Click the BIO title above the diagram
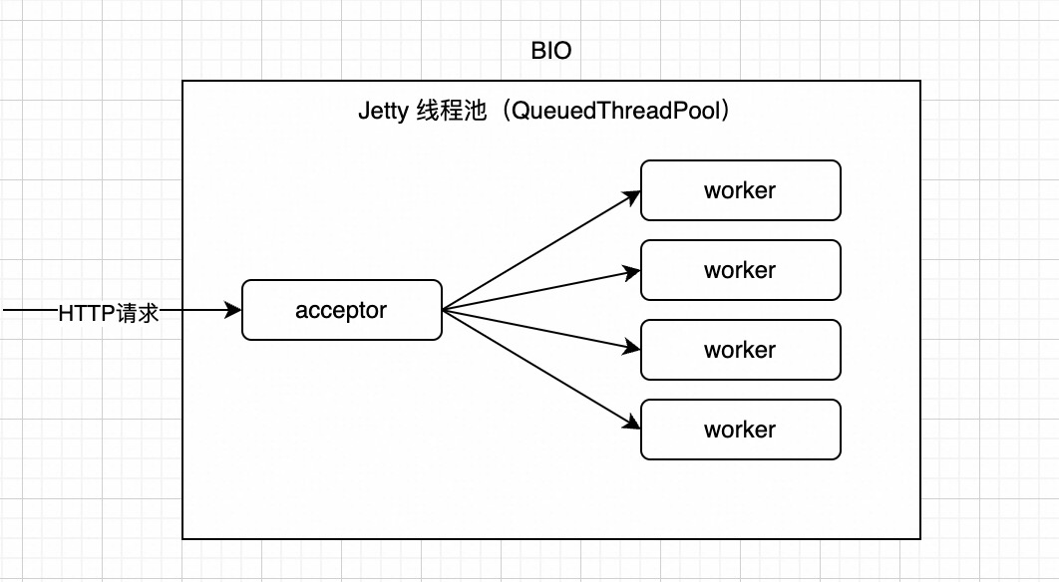550,50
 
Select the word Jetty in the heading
383,111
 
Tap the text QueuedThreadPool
615,111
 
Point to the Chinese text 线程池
450,111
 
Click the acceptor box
341,310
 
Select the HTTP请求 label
109,312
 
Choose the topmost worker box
740,190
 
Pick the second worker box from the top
740,270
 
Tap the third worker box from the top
740,350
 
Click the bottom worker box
740,430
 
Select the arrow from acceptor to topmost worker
538,251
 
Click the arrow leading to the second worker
538,290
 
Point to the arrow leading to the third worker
538,330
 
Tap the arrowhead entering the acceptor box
234,310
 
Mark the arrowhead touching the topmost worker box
632,195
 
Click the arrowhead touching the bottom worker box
632,425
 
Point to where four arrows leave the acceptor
444,310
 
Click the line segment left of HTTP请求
30,311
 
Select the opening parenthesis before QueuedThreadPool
502,111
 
